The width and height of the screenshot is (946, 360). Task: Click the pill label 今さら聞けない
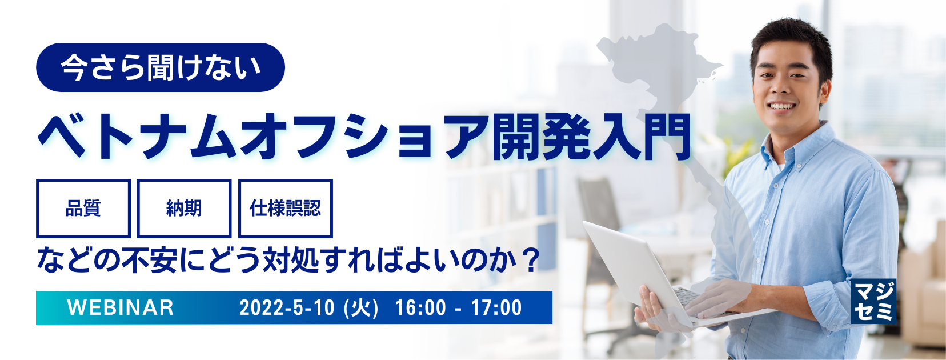point(160,67)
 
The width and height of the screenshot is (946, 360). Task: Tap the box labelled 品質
point(83,209)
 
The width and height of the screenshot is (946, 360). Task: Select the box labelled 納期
point(184,209)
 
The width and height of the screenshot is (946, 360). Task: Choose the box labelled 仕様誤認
point(285,209)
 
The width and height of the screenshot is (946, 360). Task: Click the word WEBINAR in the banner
point(121,307)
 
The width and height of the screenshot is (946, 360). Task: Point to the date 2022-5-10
point(287,307)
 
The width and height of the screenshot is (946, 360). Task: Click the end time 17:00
point(496,307)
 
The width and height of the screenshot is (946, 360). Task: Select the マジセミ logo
point(873,301)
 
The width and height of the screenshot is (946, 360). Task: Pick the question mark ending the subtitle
point(531,260)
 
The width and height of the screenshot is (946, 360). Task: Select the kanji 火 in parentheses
point(362,307)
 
